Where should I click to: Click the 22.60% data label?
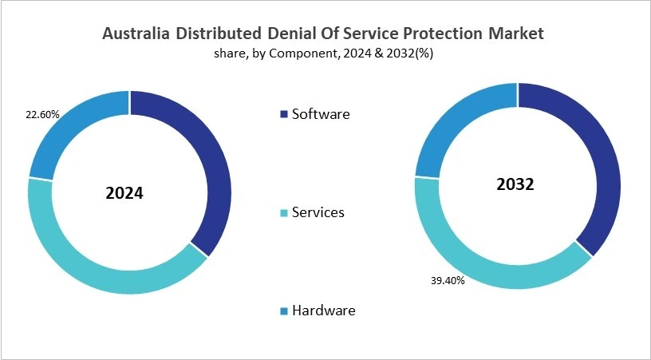(x=42, y=114)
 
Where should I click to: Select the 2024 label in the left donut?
(x=124, y=193)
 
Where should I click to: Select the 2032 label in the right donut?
(x=515, y=184)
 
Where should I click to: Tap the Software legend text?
(x=321, y=114)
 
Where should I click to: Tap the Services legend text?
(x=318, y=212)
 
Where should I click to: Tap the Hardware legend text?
(x=323, y=310)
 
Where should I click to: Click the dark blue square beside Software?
(x=284, y=115)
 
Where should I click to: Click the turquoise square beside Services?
(x=284, y=213)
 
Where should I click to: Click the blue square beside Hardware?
(x=284, y=311)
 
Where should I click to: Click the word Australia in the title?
(x=138, y=34)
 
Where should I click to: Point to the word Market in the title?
(x=515, y=34)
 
